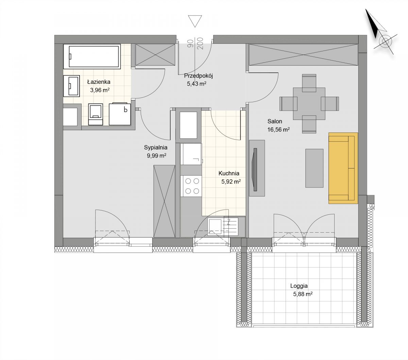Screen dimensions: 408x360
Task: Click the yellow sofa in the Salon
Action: pos(343,168)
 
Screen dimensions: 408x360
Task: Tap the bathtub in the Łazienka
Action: pos(92,56)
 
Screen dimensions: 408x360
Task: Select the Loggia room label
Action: pos(299,286)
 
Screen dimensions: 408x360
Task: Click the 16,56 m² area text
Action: pos(278,130)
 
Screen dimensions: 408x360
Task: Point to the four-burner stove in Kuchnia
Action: pos(191,186)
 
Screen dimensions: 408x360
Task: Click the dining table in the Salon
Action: pos(309,104)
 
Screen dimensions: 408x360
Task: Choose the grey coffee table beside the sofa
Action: pos(314,168)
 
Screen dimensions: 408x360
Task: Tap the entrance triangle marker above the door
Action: pos(195,21)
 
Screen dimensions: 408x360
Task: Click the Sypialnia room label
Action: pos(156,147)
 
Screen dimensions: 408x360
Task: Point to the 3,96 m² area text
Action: pos(100,90)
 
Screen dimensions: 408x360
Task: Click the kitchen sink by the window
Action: pos(223,227)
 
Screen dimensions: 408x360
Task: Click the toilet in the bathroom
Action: pos(96,114)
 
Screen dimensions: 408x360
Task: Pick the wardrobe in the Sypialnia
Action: pos(164,201)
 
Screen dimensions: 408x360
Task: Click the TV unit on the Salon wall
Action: pos(257,168)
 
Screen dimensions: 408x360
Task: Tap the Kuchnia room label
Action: pos(229,173)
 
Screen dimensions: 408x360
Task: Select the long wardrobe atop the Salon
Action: pos(303,55)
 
